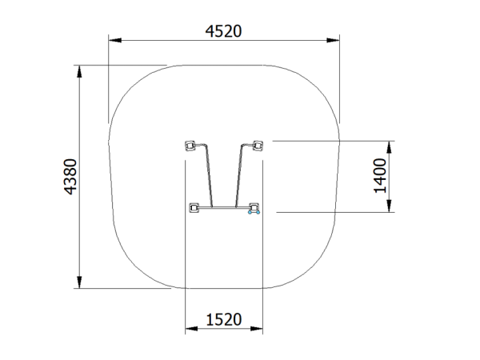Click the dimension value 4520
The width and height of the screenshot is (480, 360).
[223, 31]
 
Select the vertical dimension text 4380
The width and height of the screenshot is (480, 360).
[70, 177]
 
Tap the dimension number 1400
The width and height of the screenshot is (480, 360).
[381, 176]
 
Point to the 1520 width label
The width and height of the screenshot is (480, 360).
[224, 319]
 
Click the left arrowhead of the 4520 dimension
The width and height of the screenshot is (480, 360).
[115, 40]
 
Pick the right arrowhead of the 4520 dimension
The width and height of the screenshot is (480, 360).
[333, 40]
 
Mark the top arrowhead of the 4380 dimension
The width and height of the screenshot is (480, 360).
[79, 72]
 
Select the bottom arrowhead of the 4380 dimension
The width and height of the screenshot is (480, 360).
[79, 282]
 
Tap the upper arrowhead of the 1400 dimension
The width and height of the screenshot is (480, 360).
[389, 147]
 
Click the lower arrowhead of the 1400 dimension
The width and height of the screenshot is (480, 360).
[389, 206]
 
